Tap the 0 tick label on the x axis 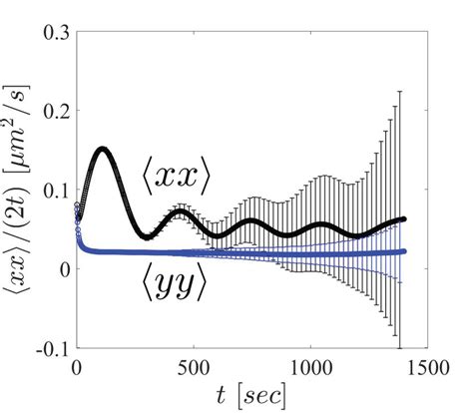[x=77, y=366]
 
